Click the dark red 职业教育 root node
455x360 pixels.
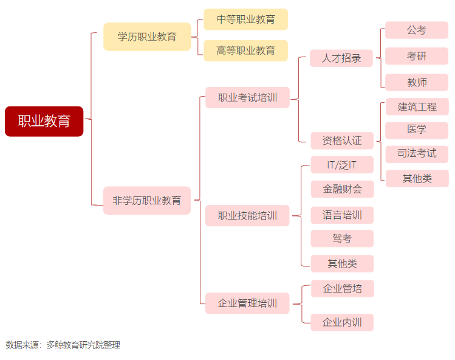coord(44,121)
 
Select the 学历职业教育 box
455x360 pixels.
coord(147,36)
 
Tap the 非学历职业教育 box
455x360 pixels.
coord(147,200)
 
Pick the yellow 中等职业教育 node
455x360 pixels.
coord(245,19)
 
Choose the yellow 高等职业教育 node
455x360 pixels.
coord(245,50)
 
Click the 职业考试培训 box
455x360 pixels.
coord(247,97)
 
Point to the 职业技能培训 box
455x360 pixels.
coord(247,215)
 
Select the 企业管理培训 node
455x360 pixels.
coord(247,303)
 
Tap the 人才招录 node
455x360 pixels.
coord(341,58)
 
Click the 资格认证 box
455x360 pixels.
coord(341,140)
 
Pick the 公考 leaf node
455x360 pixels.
coord(417,30)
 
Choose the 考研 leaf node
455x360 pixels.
coord(417,57)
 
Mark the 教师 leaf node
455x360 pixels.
coord(417,82)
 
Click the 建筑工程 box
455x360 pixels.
coord(417,107)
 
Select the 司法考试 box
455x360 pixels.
coord(417,153)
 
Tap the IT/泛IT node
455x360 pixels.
coord(342,165)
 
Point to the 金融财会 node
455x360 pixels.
coord(342,189)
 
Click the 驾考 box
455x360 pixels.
coord(342,238)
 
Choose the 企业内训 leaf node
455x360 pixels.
coord(342,322)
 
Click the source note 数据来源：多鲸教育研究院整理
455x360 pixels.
coord(63,345)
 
